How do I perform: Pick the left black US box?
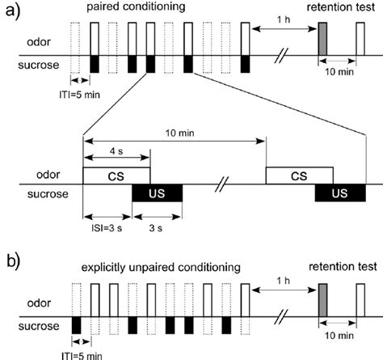point(158,193)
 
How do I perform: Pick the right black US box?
point(340,193)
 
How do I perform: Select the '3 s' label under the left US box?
point(158,229)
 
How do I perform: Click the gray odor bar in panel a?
point(322,39)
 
